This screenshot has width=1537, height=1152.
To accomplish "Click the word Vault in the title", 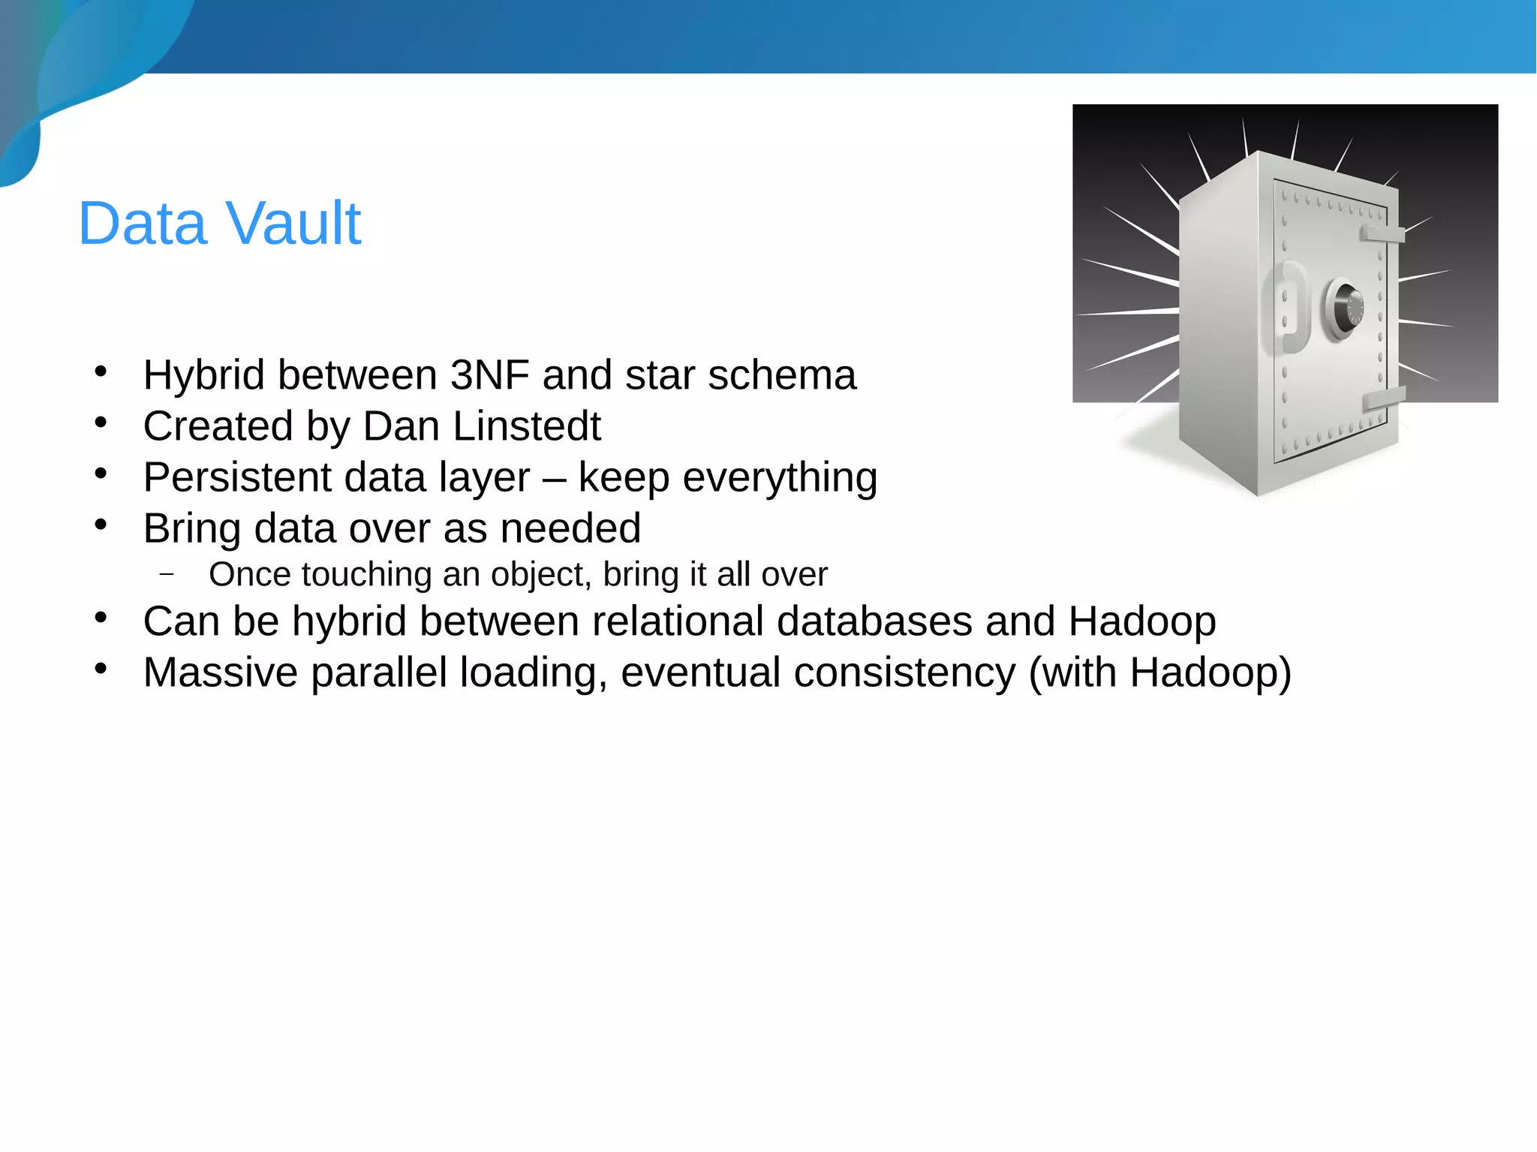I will [293, 224].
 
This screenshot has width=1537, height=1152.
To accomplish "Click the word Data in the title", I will [142, 224].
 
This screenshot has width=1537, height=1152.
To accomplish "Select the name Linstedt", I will [527, 426].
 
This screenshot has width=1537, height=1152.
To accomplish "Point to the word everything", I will [780, 478].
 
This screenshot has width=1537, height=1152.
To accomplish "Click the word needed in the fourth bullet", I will [570, 528].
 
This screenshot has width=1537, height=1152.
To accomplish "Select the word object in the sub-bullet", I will [542, 576].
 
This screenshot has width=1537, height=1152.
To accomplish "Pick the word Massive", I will [221, 672].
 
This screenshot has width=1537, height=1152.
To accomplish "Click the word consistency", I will [904, 672].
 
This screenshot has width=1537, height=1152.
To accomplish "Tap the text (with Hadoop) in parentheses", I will [1160, 672].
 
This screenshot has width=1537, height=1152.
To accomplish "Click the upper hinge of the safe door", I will [1382, 234].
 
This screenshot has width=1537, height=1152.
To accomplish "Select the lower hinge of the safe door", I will [1383, 399].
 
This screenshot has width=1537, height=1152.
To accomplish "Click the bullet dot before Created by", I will [101, 423].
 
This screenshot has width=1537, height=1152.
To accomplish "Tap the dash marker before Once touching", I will [167, 576].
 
